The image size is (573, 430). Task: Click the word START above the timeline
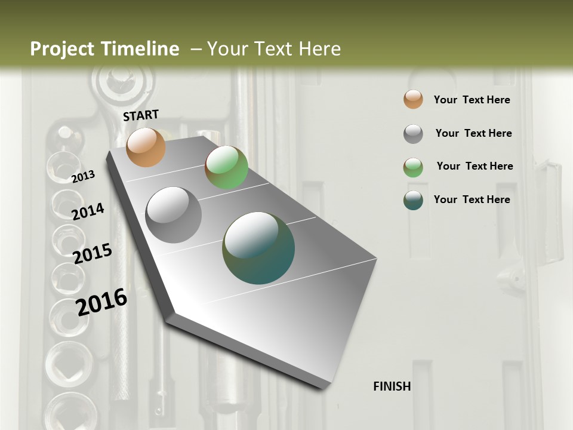141,115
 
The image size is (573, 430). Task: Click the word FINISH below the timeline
392,386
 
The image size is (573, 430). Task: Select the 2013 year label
84,176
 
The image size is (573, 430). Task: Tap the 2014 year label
88,211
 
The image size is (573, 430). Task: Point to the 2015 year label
93,254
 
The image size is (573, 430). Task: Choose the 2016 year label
102,302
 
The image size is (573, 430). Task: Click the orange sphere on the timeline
146,147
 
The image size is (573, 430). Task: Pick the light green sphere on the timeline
226,167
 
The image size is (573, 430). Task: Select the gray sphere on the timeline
174,215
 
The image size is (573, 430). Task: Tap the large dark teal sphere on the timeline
258,248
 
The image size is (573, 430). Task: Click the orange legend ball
413,99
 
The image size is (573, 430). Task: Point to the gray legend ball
413,134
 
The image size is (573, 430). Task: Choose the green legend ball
413,167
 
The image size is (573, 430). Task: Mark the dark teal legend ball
413,200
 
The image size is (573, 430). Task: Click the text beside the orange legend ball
472,100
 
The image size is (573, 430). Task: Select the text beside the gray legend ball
473,133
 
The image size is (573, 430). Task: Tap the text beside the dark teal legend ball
472,199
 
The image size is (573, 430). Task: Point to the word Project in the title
63,49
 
